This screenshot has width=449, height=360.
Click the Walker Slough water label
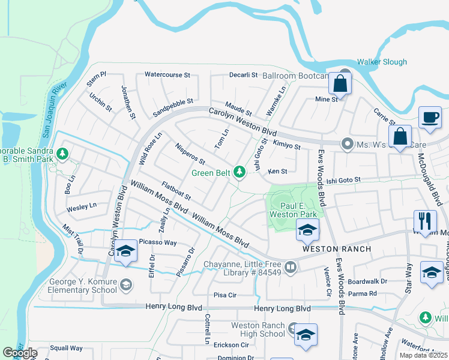click(x=382, y=62)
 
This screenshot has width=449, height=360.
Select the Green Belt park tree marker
click(x=240, y=173)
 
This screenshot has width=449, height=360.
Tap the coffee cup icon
click(x=430, y=118)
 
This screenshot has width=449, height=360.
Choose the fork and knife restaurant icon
click(x=424, y=220)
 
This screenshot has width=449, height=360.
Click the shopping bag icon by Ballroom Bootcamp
click(x=340, y=85)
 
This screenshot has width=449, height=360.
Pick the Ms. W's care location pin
click(x=346, y=143)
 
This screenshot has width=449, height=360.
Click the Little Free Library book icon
click(x=291, y=266)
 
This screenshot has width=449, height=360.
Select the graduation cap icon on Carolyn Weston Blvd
click(x=125, y=252)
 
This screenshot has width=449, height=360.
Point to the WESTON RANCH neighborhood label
click(x=336, y=248)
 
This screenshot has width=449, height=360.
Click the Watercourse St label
click(x=167, y=76)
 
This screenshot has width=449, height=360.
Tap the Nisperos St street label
click(x=190, y=154)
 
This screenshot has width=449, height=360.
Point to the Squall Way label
click(x=66, y=347)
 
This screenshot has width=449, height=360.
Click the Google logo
click(x=19, y=353)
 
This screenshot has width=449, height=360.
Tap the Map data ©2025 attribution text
click(x=424, y=355)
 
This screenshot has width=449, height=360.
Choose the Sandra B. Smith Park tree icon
click(x=62, y=155)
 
